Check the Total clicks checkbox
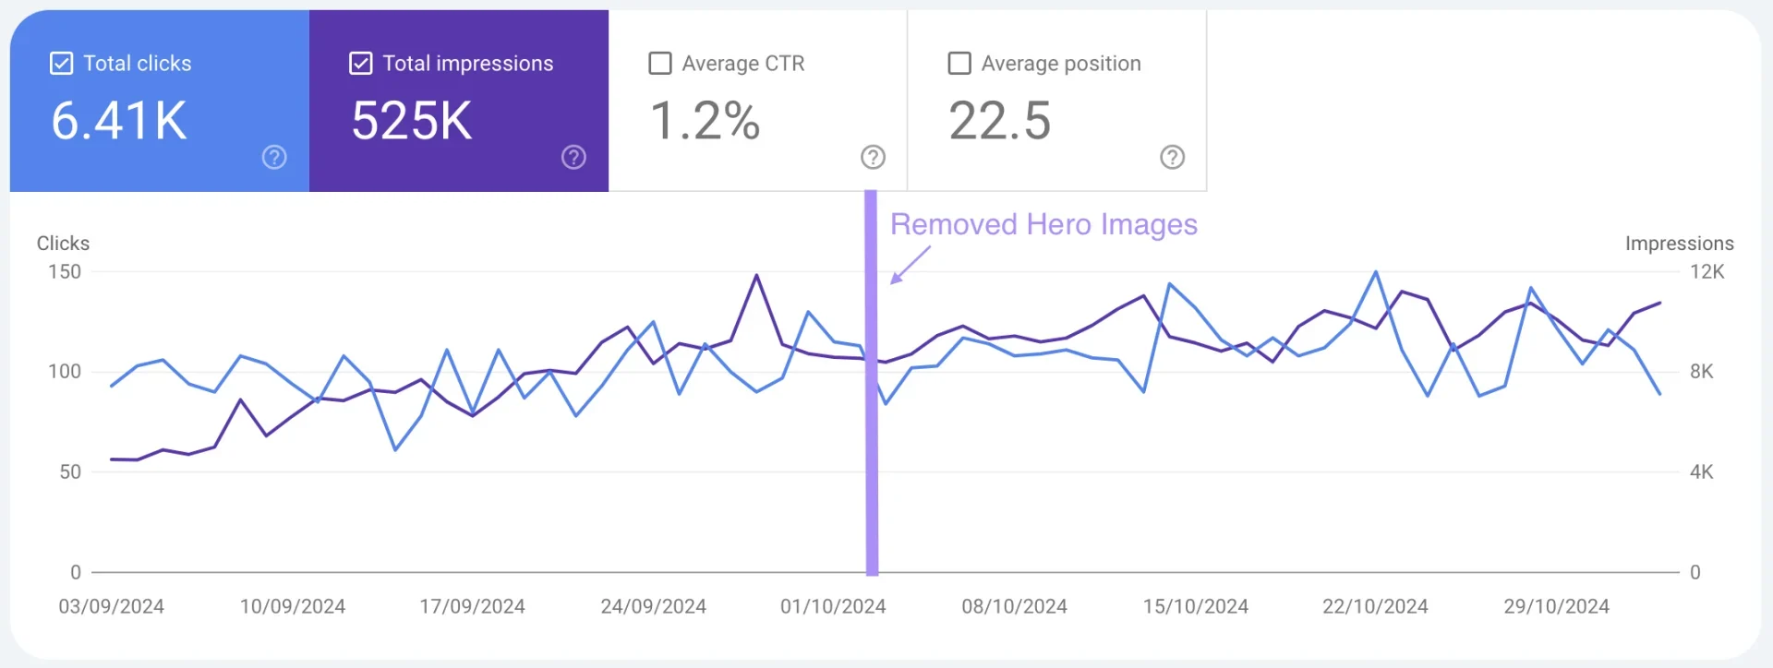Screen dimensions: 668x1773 click(x=61, y=64)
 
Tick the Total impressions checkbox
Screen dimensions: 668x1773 click(x=360, y=64)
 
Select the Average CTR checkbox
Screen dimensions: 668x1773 click(x=660, y=64)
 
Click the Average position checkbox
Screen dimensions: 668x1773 click(x=959, y=64)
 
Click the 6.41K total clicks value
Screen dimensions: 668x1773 click(x=119, y=122)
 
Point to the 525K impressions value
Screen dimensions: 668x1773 click(x=412, y=122)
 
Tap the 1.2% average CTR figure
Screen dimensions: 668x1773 click(x=706, y=122)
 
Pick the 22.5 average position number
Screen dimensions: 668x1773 click(x=1000, y=122)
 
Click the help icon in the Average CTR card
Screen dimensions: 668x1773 click(x=873, y=158)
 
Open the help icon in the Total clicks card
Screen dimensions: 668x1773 click(x=274, y=158)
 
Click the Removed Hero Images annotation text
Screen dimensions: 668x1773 click(x=1043, y=224)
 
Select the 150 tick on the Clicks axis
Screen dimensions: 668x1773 click(x=65, y=272)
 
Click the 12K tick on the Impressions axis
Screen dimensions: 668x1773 click(x=1707, y=272)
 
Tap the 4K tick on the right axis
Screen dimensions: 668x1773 click(x=1701, y=472)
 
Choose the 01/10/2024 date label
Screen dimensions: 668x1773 click(x=833, y=607)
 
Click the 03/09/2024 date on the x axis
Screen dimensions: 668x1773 click(x=112, y=607)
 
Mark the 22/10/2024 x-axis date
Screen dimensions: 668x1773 click(x=1375, y=607)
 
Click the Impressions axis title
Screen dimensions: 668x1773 click(x=1679, y=244)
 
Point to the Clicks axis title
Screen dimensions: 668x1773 click(x=63, y=244)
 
